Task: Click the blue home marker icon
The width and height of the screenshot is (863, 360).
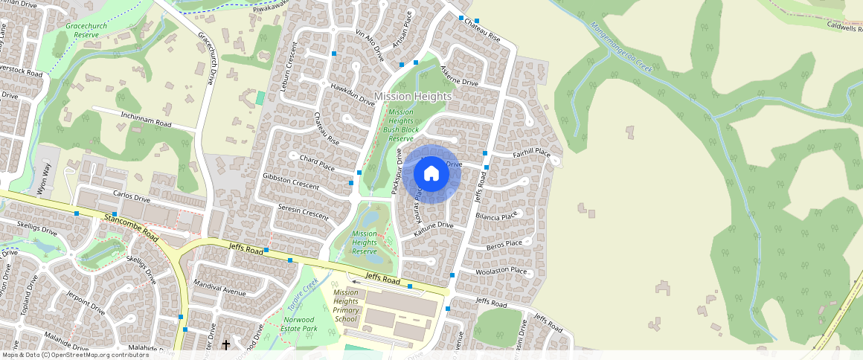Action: [431, 174]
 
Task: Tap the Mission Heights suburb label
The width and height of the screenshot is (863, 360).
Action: [413, 97]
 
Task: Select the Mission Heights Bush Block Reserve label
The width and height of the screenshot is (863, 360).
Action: [400, 125]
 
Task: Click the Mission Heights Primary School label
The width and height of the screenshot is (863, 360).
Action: [346, 305]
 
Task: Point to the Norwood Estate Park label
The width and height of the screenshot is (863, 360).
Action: [295, 324]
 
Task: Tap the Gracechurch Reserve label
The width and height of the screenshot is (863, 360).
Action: [87, 30]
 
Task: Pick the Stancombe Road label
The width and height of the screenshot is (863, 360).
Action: [132, 226]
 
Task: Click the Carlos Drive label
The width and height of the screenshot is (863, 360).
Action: [132, 200]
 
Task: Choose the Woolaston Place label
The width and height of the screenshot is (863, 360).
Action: [504, 271]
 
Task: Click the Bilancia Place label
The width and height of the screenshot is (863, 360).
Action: [495, 216]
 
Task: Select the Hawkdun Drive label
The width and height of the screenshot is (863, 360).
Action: [352, 94]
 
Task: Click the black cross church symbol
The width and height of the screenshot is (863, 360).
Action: [226, 345]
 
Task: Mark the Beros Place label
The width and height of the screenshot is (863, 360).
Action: [504, 244]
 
